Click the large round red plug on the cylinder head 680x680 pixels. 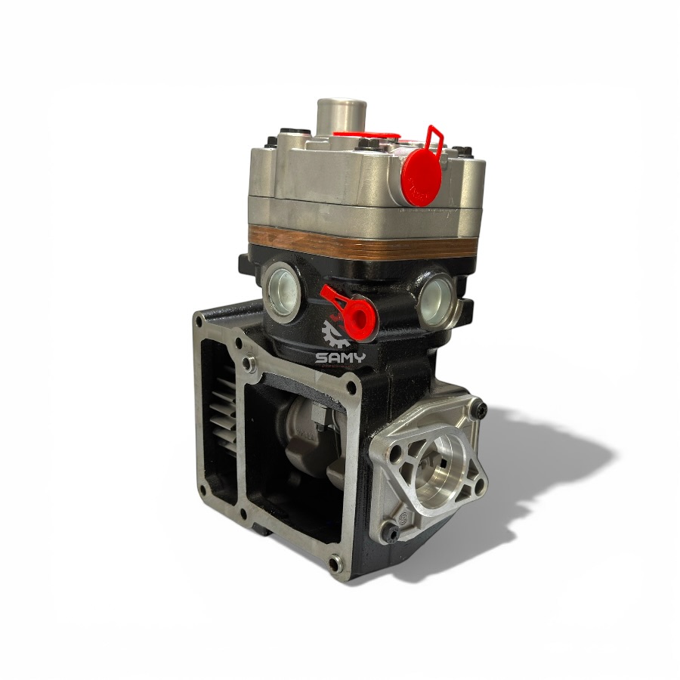[422, 177]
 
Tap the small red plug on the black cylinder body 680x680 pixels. [357, 315]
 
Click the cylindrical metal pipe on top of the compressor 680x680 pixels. [342, 116]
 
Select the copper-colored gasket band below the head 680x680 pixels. [363, 243]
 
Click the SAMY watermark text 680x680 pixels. [341, 358]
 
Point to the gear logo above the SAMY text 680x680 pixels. [335, 334]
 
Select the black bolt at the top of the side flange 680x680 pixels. [479, 408]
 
